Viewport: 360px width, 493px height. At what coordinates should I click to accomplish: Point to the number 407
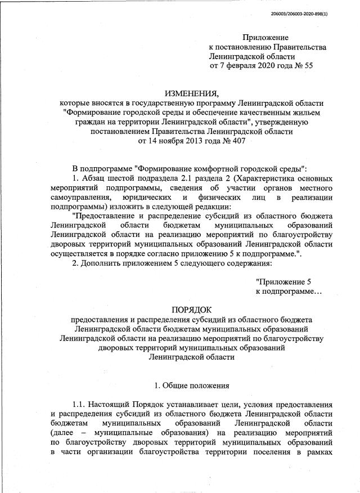236,141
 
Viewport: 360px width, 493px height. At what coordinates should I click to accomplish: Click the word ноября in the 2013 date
173,141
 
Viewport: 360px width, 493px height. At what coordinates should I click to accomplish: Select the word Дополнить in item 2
103,263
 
